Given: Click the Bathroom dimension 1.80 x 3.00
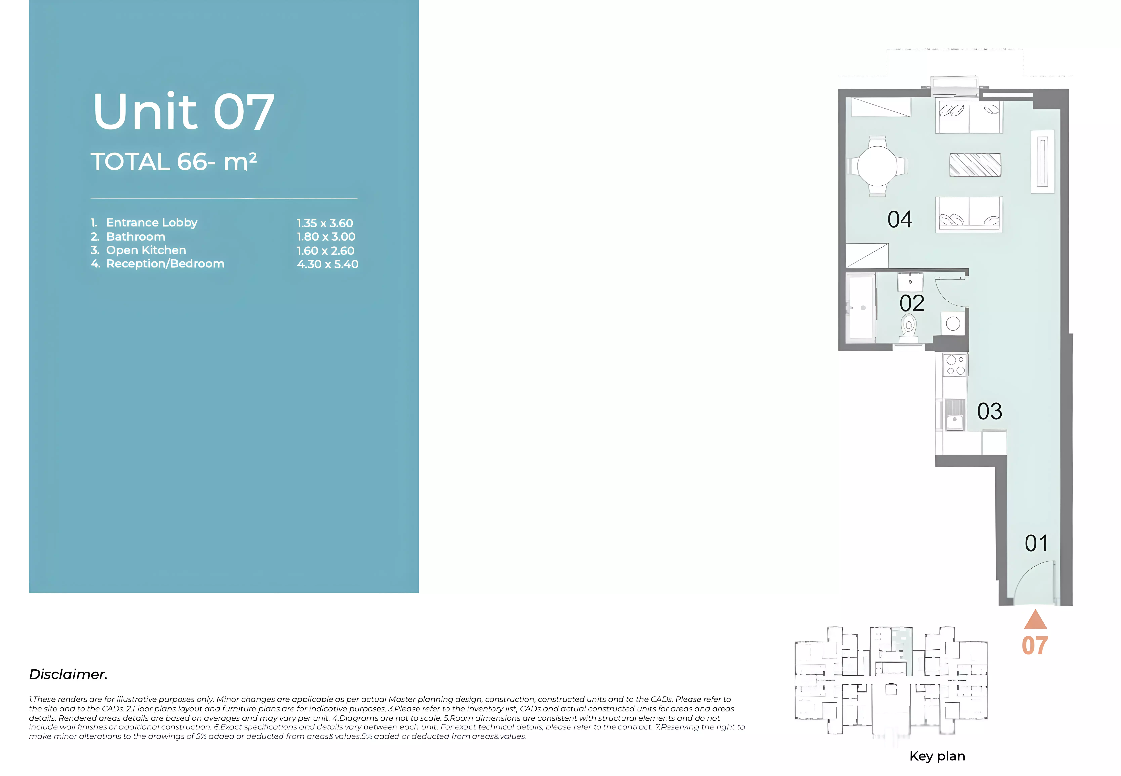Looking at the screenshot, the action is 326,237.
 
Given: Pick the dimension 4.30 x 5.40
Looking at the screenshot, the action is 327,264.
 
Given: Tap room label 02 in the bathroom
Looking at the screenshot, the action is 912,303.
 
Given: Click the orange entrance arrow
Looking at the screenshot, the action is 1035,619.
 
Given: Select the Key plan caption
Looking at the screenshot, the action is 937,756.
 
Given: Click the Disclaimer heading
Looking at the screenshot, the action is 68,674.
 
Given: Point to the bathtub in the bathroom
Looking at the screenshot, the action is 861,307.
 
